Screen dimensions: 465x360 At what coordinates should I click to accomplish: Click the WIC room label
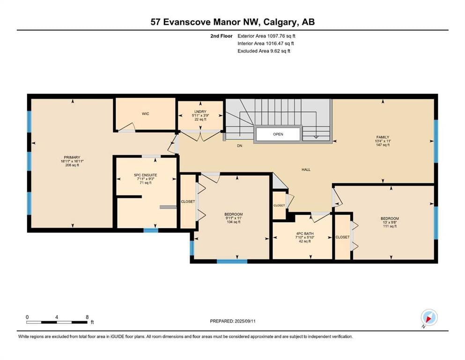point(145,113)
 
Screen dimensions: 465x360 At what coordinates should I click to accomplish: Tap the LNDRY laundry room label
point(200,112)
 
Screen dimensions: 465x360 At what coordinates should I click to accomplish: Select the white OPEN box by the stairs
point(278,134)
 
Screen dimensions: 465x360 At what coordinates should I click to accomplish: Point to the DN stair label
point(240,146)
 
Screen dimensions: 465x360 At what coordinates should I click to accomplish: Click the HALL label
point(306,170)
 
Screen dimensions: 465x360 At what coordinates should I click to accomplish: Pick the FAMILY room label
point(383,137)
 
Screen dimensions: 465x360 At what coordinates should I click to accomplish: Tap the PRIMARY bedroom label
point(72,157)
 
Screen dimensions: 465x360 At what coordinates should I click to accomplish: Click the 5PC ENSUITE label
point(145,175)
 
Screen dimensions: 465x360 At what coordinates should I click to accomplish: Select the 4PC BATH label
point(304,233)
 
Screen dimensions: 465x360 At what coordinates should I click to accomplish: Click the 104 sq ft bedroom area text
point(233,222)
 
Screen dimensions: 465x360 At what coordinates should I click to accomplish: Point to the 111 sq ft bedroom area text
point(390,226)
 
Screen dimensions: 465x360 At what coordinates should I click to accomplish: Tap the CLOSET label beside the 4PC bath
point(342,237)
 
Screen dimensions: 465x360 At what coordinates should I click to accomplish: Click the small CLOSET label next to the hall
point(279,205)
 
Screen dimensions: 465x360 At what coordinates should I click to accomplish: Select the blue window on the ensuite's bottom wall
point(151,230)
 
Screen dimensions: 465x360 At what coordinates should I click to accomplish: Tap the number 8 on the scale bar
point(87,317)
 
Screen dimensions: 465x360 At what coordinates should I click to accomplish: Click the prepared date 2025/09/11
point(245,321)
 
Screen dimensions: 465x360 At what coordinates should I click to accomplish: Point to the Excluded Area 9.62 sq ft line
point(264,51)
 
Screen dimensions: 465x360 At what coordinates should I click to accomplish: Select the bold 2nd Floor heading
point(221,36)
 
